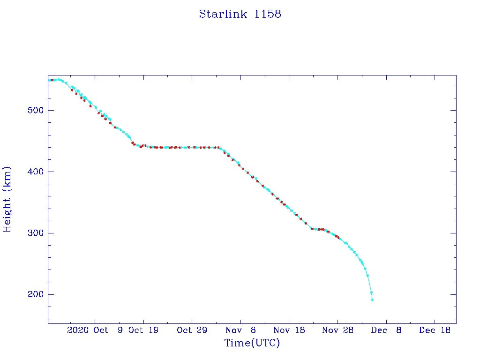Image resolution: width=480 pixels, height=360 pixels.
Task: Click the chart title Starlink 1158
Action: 240,14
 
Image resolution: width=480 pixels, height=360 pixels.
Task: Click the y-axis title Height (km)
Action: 7,199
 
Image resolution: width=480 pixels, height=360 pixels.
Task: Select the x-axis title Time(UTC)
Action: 252,343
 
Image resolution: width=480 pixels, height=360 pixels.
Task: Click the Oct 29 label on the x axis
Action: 192,330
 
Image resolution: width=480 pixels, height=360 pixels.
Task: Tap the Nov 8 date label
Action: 240,330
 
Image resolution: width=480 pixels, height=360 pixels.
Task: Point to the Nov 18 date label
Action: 289,330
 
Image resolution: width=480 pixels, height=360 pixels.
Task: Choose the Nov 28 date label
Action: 337,330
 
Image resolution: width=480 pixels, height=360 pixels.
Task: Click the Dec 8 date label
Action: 386,330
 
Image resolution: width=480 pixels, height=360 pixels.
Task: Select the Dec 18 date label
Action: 435,330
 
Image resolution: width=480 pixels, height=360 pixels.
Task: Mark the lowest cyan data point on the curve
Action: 372,300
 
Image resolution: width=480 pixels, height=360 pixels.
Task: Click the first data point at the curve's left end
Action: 49,80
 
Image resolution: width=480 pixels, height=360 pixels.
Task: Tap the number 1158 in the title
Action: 268,14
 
